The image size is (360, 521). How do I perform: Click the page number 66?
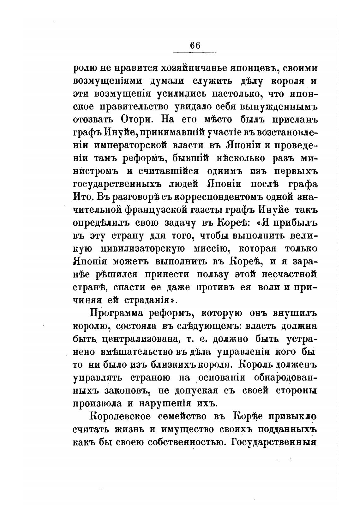195,45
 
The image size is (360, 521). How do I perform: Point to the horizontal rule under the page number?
195,52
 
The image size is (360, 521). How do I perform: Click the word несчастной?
290,275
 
